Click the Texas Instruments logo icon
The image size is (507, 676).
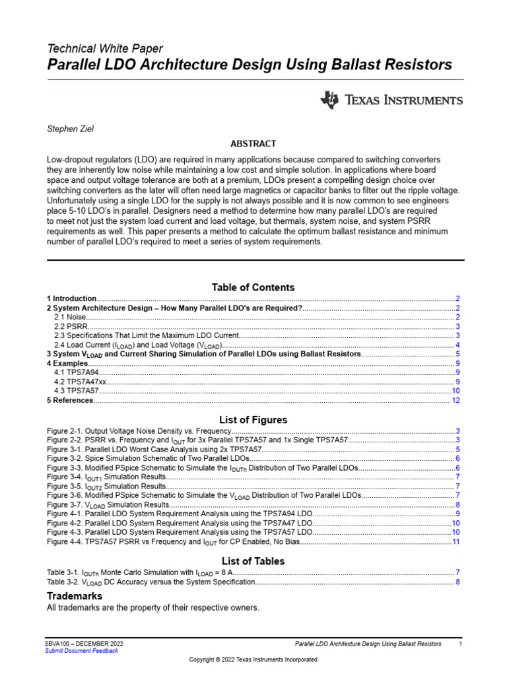pyautogui.click(x=329, y=100)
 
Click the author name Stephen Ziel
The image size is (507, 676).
pyautogui.click(x=70, y=129)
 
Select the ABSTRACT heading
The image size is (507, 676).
pyautogui.click(x=253, y=144)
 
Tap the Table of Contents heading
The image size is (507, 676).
pyautogui.click(x=253, y=287)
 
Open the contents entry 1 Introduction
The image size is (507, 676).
pyautogui.click(x=72, y=299)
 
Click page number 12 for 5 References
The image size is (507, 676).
pyautogui.click(x=456, y=401)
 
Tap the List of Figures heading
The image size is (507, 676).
pyautogui.click(x=253, y=420)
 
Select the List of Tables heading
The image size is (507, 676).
pyautogui.click(x=253, y=561)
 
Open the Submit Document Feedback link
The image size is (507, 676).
pyautogui.click(x=81, y=650)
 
